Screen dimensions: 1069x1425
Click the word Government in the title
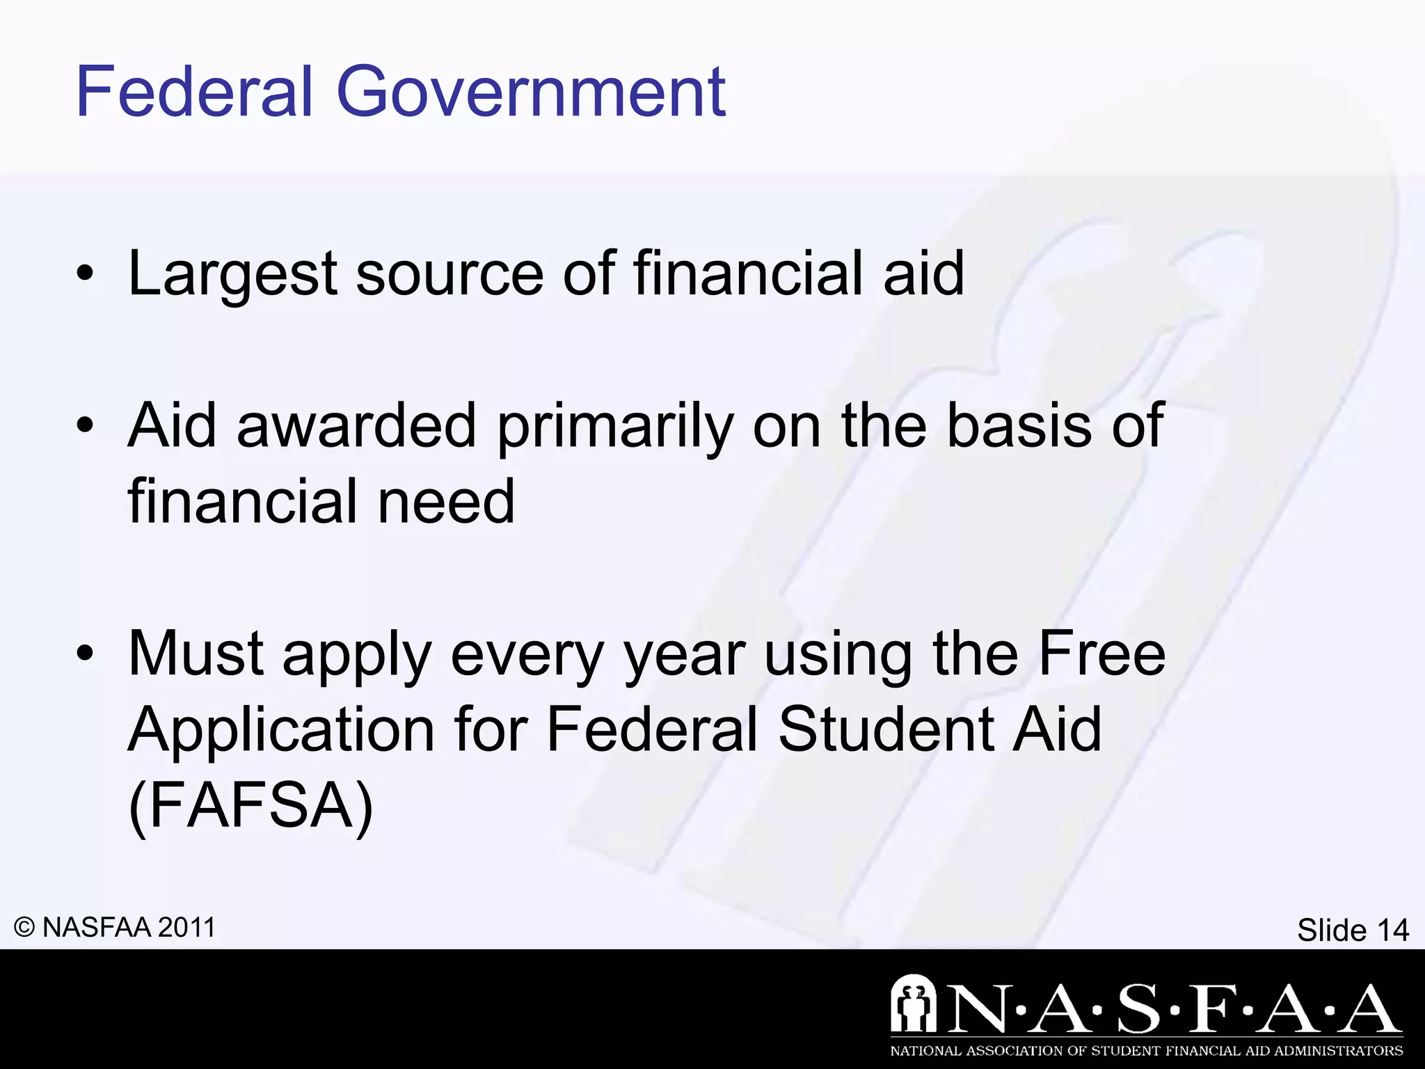532,92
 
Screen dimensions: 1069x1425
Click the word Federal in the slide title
194,92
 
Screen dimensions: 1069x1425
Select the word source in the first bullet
449,274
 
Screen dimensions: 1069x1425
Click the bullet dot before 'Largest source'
85,276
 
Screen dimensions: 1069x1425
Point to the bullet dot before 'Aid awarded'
85,427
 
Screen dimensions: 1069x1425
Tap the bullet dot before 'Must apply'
85,655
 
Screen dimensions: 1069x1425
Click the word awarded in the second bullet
356,426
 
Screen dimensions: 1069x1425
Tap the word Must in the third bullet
196,654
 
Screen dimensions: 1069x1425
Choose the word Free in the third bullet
1101,654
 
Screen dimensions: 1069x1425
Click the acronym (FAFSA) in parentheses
251,806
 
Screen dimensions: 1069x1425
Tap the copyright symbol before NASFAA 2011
24,928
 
